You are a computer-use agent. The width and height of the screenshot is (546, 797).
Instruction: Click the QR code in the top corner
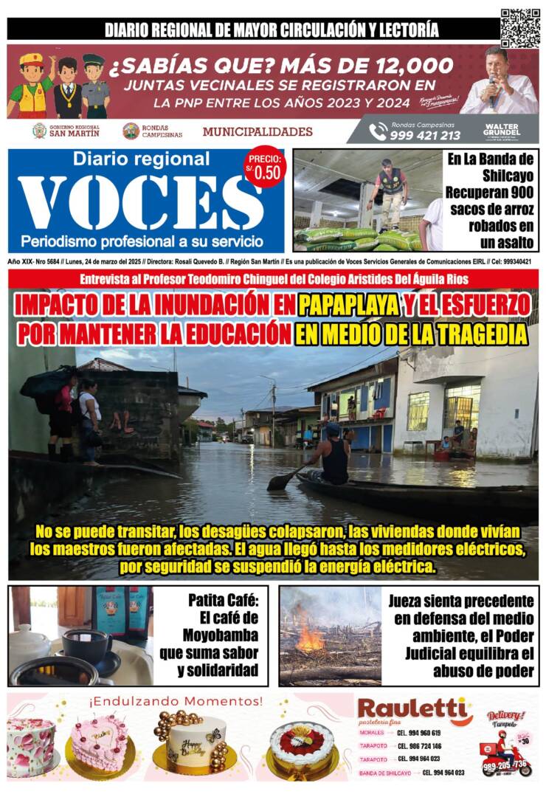pyautogui.click(x=519, y=27)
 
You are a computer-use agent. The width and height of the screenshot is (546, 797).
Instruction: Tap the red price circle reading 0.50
pyautogui.click(x=264, y=169)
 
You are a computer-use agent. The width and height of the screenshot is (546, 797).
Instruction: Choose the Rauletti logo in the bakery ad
pyautogui.click(x=414, y=712)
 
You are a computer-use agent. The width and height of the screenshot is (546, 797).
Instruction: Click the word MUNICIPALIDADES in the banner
pyautogui.click(x=258, y=132)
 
